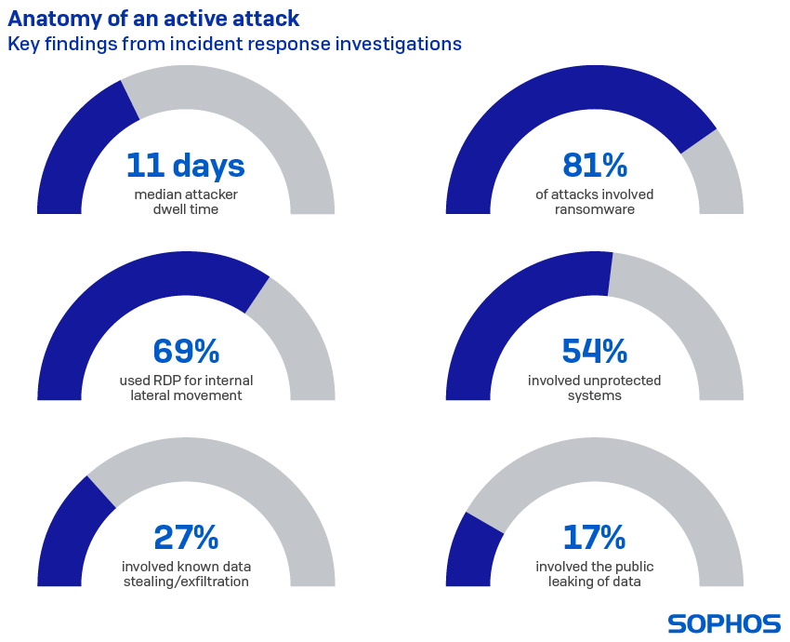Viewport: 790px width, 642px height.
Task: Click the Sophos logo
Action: coord(723,623)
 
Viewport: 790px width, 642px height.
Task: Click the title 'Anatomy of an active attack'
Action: coord(153,19)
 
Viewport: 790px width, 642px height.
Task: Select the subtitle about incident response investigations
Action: coord(234,44)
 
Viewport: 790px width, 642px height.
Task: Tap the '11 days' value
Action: coord(185,166)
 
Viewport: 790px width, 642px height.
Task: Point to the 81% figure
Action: coord(595,166)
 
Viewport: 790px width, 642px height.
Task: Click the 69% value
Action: coord(185,352)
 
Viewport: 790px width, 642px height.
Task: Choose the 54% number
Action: coord(595,352)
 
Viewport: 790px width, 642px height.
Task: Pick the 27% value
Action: coord(185,538)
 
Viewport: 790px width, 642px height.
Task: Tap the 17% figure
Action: coord(595,538)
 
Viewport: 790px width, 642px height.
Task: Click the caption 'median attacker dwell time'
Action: coord(185,202)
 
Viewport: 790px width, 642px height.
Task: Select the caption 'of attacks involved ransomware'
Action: coord(595,202)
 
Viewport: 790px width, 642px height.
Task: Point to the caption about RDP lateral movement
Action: coord(185,388)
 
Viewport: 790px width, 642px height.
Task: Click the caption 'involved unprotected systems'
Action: coord(595,388)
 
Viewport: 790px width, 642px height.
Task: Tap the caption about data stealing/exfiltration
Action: coord(185,574)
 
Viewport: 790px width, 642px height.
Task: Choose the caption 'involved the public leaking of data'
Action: coord(595,574)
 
